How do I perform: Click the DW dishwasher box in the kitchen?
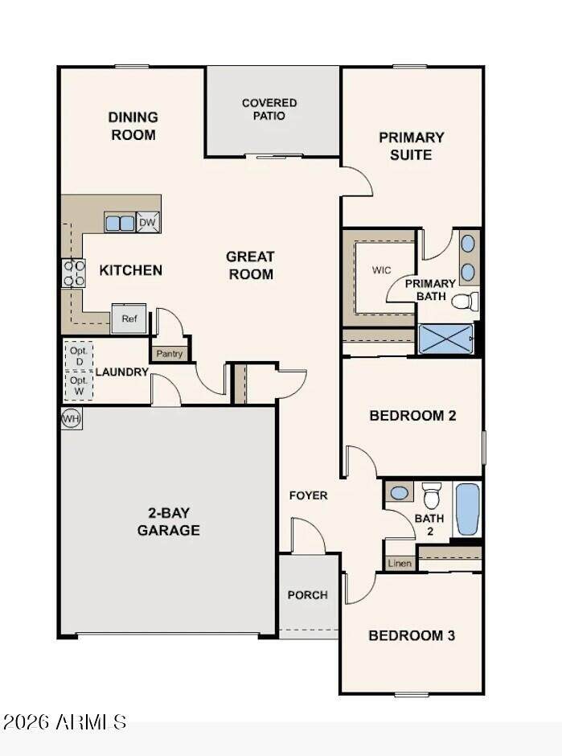tap(148, 222)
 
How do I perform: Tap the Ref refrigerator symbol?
tap(129, 318)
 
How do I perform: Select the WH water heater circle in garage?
tap(71, 418)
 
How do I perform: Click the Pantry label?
tap(169, 354)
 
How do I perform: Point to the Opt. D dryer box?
tap(79, 355)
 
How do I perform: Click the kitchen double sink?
tap(120, 224)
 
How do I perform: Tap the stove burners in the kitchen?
tap(73, 273)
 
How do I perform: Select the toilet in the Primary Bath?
tap(465, 302)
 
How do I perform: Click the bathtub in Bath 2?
tap(468, 509)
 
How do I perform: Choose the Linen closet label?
tap(400, 563)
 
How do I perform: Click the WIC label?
tap(381, 270)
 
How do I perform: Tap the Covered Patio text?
tap(269, 109)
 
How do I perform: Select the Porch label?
tap(307, 595)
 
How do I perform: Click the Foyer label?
tap(309, 495)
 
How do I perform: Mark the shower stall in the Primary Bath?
tap(446, 339)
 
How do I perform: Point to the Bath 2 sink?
tap(399, 493)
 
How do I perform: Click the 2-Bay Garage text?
tap(168, 521)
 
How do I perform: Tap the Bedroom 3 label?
tap(412, 635)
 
